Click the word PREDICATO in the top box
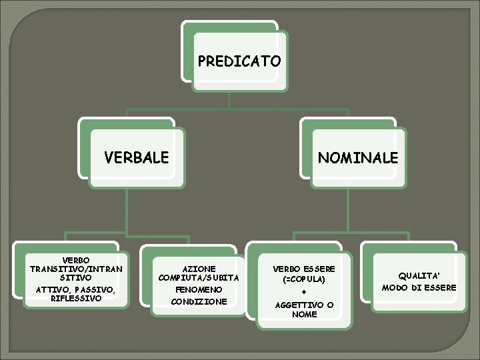(x=239, y=61)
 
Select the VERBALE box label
(x=137, y=158)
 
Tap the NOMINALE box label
(x=358, y=158)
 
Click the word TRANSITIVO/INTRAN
(x=76, y=268)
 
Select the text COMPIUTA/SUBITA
(x=199, y=277)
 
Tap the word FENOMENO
(x=199, y=290)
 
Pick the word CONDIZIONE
(x=199, y=301)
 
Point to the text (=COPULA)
(x=304, y=279)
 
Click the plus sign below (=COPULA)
(x=304, y=292)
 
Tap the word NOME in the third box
(x=304, y=314)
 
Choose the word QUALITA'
(x=419, y=275)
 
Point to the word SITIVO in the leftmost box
(x=76, y=276)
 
